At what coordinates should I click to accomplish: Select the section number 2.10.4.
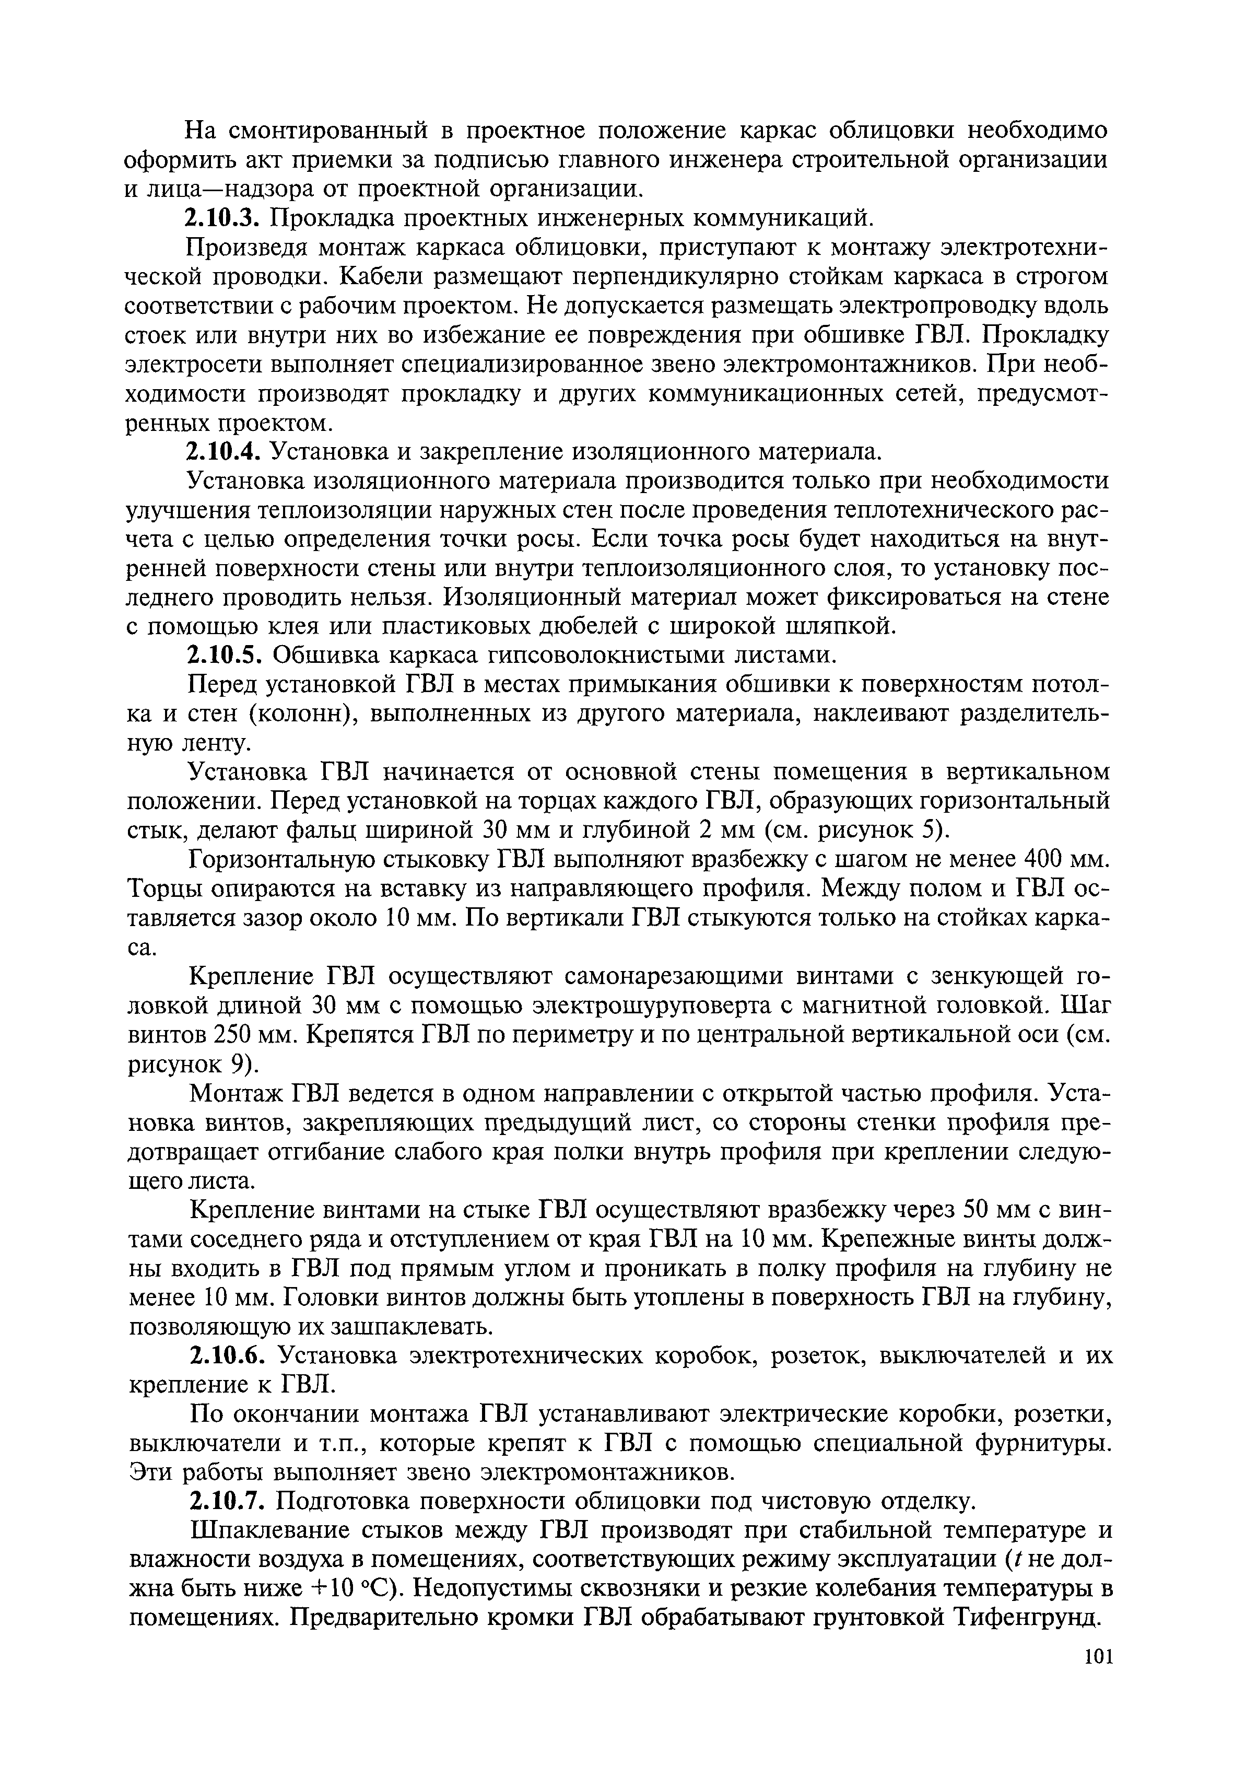(224, 451)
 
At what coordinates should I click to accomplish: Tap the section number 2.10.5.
(224, 656)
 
